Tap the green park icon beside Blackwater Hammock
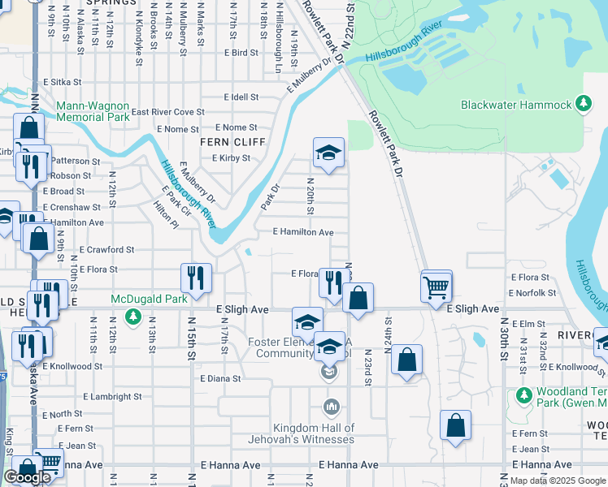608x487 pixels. [x=583, y=104]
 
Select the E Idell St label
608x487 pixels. [x=241, y=97]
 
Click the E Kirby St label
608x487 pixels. [x=231, y=158]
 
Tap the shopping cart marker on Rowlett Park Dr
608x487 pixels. [x=436, y=286]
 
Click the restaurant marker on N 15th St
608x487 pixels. [x=196, y=278]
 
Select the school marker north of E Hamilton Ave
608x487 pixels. [x=328, y=153]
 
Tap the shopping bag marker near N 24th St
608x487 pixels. [x=407, y=359]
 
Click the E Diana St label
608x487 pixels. [x=220, y=378]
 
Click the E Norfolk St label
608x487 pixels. [x=532, y=293]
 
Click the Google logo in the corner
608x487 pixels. [x=27, y=477]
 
